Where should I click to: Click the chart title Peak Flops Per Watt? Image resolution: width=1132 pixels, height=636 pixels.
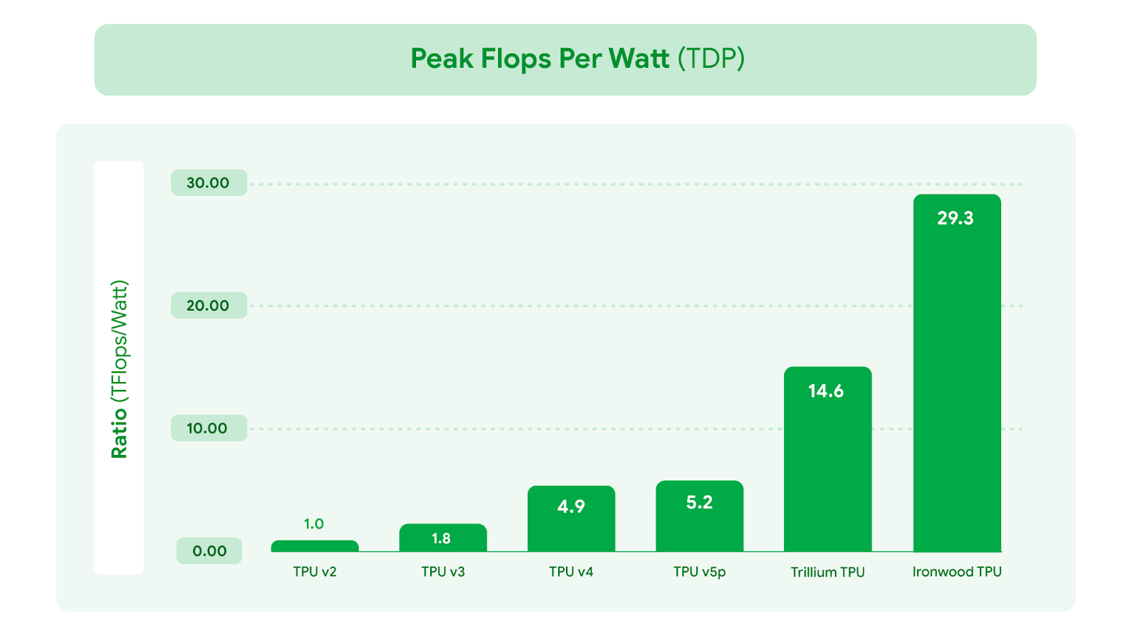pos(577,59)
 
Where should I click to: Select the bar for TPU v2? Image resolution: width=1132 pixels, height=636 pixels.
pos(315,546)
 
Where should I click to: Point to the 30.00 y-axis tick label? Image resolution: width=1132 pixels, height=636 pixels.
pos(208,183)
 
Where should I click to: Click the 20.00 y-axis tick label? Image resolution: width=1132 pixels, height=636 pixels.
pos(208,306)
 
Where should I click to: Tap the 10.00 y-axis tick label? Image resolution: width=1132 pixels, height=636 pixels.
pos(207,428)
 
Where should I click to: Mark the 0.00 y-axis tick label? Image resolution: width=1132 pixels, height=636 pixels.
pos(209,551)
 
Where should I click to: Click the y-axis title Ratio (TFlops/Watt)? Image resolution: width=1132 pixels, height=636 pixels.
pos(119,369)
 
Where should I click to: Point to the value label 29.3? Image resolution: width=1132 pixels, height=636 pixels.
pos(955,219)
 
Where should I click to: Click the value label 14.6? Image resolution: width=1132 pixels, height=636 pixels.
pos(826,391)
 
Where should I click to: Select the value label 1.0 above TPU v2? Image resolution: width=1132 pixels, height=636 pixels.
pos(313,524)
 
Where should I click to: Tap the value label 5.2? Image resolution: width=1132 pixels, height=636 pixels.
pos(699,502)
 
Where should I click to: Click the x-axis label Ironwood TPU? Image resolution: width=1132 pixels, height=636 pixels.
pos(957,572)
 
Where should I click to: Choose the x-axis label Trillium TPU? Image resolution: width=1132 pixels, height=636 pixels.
pos(828,572)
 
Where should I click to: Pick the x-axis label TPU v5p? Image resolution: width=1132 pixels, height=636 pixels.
pos(700,572)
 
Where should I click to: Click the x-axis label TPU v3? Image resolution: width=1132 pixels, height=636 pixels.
pos(443,572)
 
